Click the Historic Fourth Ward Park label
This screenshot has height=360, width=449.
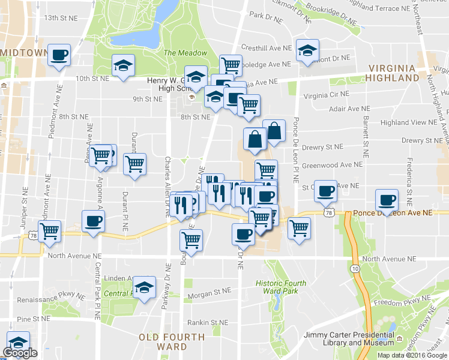click(280, 287)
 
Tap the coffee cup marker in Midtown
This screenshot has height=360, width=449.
click(59, 56)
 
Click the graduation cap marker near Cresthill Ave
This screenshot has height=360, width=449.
click(307, 51)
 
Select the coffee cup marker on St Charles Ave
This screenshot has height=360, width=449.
click(325, 191)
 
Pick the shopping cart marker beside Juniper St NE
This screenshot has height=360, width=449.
click(49, 230)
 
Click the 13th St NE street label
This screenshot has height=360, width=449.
click(61, 18)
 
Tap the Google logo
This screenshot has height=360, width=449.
click(20, 353)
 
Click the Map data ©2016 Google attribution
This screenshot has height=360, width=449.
click(412, 355)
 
